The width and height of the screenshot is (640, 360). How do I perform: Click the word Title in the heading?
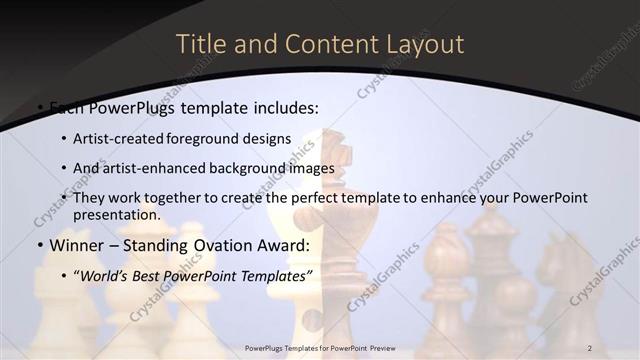199,44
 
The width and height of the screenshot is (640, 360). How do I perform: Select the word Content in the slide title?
320,44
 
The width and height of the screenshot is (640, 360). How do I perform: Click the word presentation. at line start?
117,215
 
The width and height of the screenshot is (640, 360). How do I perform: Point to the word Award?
282,246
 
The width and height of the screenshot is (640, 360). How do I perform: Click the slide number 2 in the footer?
589,347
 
